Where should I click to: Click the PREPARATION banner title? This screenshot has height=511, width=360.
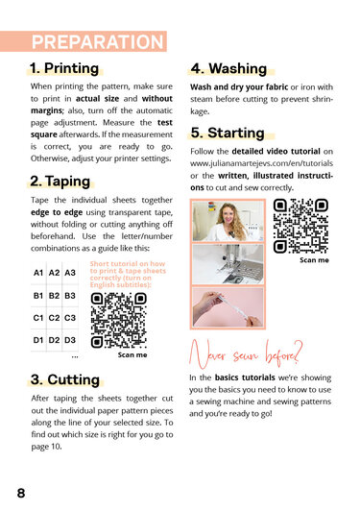[x=97, y=41]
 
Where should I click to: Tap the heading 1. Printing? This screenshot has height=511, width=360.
[x=64, y=68]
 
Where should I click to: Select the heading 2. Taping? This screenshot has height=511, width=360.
[x=60, y=182]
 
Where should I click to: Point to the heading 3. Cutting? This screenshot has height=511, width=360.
[x=65, y=379]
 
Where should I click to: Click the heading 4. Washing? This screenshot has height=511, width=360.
[x=228, y=69]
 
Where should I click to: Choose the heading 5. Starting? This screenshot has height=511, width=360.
[x=228, y=133]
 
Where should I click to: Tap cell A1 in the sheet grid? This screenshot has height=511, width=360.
[x=38, y=273]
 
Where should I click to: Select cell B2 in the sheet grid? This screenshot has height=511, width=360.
[x=54, y=296]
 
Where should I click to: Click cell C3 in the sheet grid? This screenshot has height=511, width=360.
[x=70, y=318]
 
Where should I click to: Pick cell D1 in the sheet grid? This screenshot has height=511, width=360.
[x=38, y=340]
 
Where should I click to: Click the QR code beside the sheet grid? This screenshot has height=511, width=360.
[x=119, y=321]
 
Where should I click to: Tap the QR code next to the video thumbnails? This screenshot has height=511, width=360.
[x=300, y=226]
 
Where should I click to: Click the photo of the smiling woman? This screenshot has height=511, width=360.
[x=228, y=221]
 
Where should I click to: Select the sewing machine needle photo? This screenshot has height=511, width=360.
[x=228, y=264]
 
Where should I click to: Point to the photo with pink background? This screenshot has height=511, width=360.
[x=228, y=307]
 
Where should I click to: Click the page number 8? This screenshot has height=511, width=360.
[x=21, y=493]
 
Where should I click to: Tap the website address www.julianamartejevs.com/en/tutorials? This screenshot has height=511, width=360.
[x=262, y=163]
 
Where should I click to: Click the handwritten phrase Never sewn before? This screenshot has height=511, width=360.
[x=246, y=355]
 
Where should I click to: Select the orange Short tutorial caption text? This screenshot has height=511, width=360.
[x=128, y=274]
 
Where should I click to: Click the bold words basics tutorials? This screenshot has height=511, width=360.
[x=245, y=377]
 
